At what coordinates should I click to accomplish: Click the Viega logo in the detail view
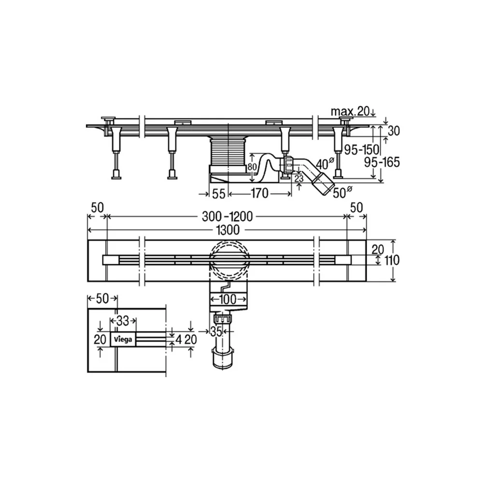click(123, 340)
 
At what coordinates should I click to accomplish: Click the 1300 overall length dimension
click(227, 230)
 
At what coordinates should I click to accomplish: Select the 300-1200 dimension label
click(227, 216)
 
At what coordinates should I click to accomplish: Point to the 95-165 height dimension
click(382, 162)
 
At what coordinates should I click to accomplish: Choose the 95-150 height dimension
click(362, 150)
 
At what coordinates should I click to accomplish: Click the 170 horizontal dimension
click(259, 194)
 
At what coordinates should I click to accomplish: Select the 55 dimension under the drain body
click(219, 194)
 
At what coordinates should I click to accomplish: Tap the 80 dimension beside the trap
click(252, 167)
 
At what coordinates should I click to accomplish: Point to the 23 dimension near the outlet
click(298, 178)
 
